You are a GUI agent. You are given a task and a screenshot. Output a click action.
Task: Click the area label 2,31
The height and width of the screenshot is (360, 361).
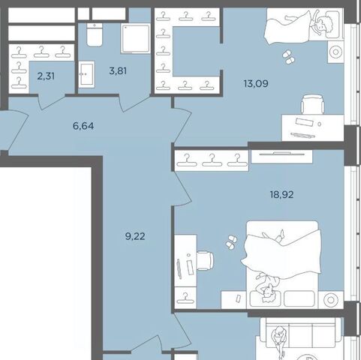point(46,76)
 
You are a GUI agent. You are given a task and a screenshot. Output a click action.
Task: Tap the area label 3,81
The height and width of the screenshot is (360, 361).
point(118,71)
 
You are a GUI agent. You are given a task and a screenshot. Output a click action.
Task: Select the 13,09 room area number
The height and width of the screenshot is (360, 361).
point(256,83)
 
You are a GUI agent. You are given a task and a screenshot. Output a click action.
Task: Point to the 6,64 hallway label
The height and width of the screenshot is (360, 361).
point(83,126)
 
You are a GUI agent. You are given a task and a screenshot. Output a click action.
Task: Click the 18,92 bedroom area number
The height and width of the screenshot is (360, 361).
point(281,194)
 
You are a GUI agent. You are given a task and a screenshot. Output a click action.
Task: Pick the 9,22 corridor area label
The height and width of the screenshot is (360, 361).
point(135,236)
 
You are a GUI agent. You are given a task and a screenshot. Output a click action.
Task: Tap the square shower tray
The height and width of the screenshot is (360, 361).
point(136,38)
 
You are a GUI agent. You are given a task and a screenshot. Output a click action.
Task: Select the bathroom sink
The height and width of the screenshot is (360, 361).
point(86,74)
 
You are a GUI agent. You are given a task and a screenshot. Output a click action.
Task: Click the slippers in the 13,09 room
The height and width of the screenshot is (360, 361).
point(289,57)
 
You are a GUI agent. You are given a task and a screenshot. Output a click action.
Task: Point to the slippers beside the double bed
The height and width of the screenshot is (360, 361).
point(231,241)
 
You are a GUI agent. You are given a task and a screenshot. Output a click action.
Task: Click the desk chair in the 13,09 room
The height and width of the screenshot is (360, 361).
point(313,104)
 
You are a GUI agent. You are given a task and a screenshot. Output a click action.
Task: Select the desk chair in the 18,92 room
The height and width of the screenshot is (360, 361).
point(205,261)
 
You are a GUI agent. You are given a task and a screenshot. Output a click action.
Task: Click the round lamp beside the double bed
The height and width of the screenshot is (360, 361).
point(331,300)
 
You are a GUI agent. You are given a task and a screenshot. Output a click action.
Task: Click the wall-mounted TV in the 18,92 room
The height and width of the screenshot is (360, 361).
point(282,154)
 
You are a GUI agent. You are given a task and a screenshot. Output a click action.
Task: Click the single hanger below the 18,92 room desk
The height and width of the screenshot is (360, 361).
point(185,298)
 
